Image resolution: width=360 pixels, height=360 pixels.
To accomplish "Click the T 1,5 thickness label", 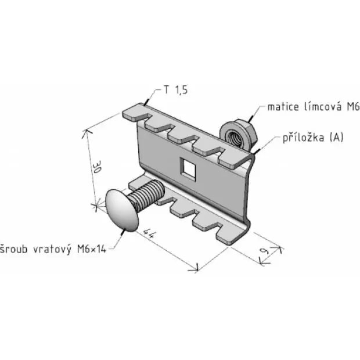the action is coord(176,90).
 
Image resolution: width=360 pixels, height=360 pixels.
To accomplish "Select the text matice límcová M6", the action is coord(314,107).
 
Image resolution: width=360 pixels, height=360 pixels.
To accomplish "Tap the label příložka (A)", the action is coord(313,138).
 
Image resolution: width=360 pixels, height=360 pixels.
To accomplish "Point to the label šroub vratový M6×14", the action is coord(53,249).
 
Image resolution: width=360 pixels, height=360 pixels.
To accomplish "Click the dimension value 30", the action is coord(98,167).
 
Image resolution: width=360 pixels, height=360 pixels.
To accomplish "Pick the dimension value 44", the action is coord(149,233).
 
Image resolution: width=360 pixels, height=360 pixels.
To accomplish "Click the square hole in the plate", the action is coord(188,167).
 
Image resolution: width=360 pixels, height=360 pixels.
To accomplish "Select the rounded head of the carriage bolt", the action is coord(122,210).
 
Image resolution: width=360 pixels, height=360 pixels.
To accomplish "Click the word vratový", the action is coord(52,249).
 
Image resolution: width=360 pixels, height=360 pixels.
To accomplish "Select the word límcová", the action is coord(323,107).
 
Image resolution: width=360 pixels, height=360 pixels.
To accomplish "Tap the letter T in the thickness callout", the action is coord(167,90).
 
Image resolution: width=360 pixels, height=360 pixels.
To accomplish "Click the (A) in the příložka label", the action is coord(336,138).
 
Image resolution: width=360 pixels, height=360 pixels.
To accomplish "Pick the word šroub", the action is coord(14,249).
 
